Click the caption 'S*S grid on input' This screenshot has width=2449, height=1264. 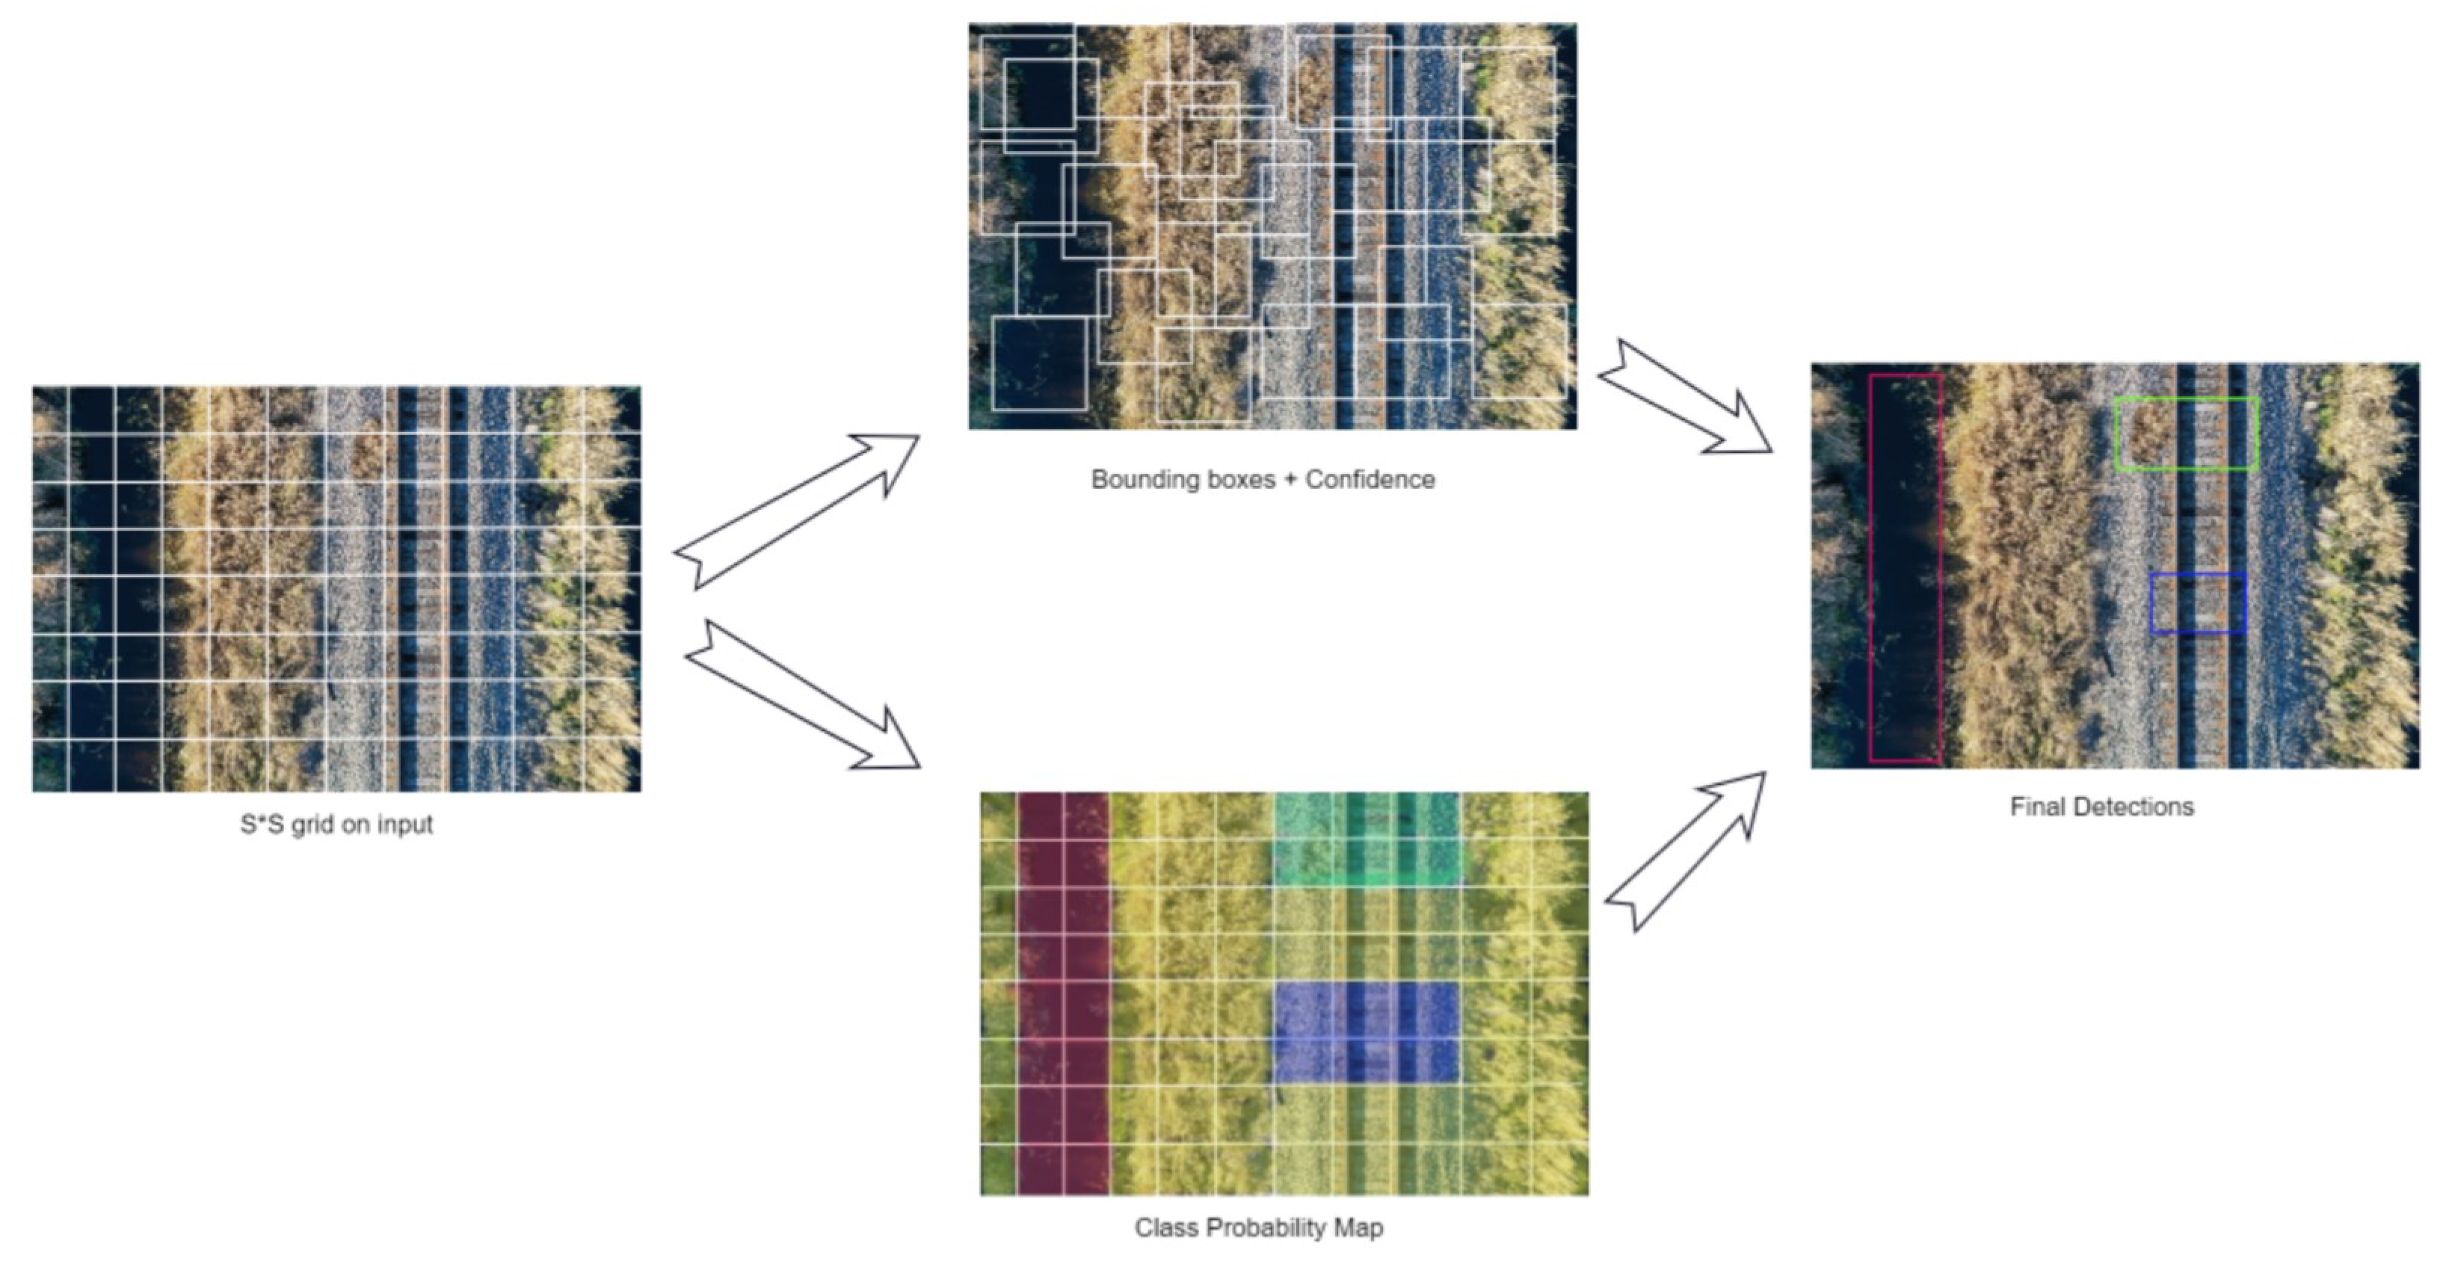point(336,824)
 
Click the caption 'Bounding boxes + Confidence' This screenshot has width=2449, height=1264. point(1263,479)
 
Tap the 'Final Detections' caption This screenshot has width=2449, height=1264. point(2102,807)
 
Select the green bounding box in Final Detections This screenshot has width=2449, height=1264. point(2187,400)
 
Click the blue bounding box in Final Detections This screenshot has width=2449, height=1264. point(2198,575)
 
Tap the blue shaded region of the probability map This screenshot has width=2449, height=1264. point(1365,1032)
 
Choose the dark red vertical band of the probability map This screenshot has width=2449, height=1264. point(1062,993)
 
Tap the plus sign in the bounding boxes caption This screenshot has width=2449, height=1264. point(1290,479)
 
